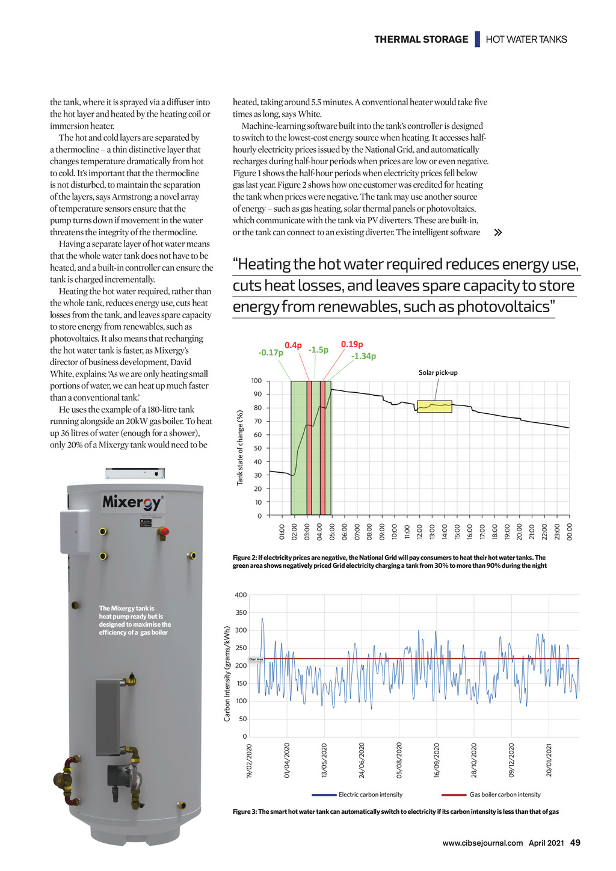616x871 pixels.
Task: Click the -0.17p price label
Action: (x=271, y=352)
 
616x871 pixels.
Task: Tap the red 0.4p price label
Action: (x=293, y=345)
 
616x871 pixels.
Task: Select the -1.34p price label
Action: (x=363, y=356)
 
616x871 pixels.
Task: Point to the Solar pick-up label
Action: (x=438, y=373)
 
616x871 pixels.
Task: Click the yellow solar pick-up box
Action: (x=434, y=407)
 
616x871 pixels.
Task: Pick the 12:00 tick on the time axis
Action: (x=420, y=532)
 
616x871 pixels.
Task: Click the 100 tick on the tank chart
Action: (x=256, y=381)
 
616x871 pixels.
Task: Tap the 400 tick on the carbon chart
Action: (x=241, y=595)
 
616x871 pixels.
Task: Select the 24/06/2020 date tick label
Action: (x=362, y=760)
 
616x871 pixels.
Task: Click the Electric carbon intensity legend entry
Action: (x=370, y=795)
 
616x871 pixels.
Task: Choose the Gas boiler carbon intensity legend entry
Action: (x=505, y=795)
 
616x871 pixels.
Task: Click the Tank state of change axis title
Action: (x=240, y=448)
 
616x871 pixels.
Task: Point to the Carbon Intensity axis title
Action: (x=227, y=674)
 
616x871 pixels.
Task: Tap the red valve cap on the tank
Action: (x=163, y=532)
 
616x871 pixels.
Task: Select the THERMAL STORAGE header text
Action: (x=421, y=40)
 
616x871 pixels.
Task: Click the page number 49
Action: (x=574, y=843)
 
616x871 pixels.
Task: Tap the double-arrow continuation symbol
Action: (x=497, y=233)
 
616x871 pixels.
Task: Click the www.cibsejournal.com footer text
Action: (x=482, y=843)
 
